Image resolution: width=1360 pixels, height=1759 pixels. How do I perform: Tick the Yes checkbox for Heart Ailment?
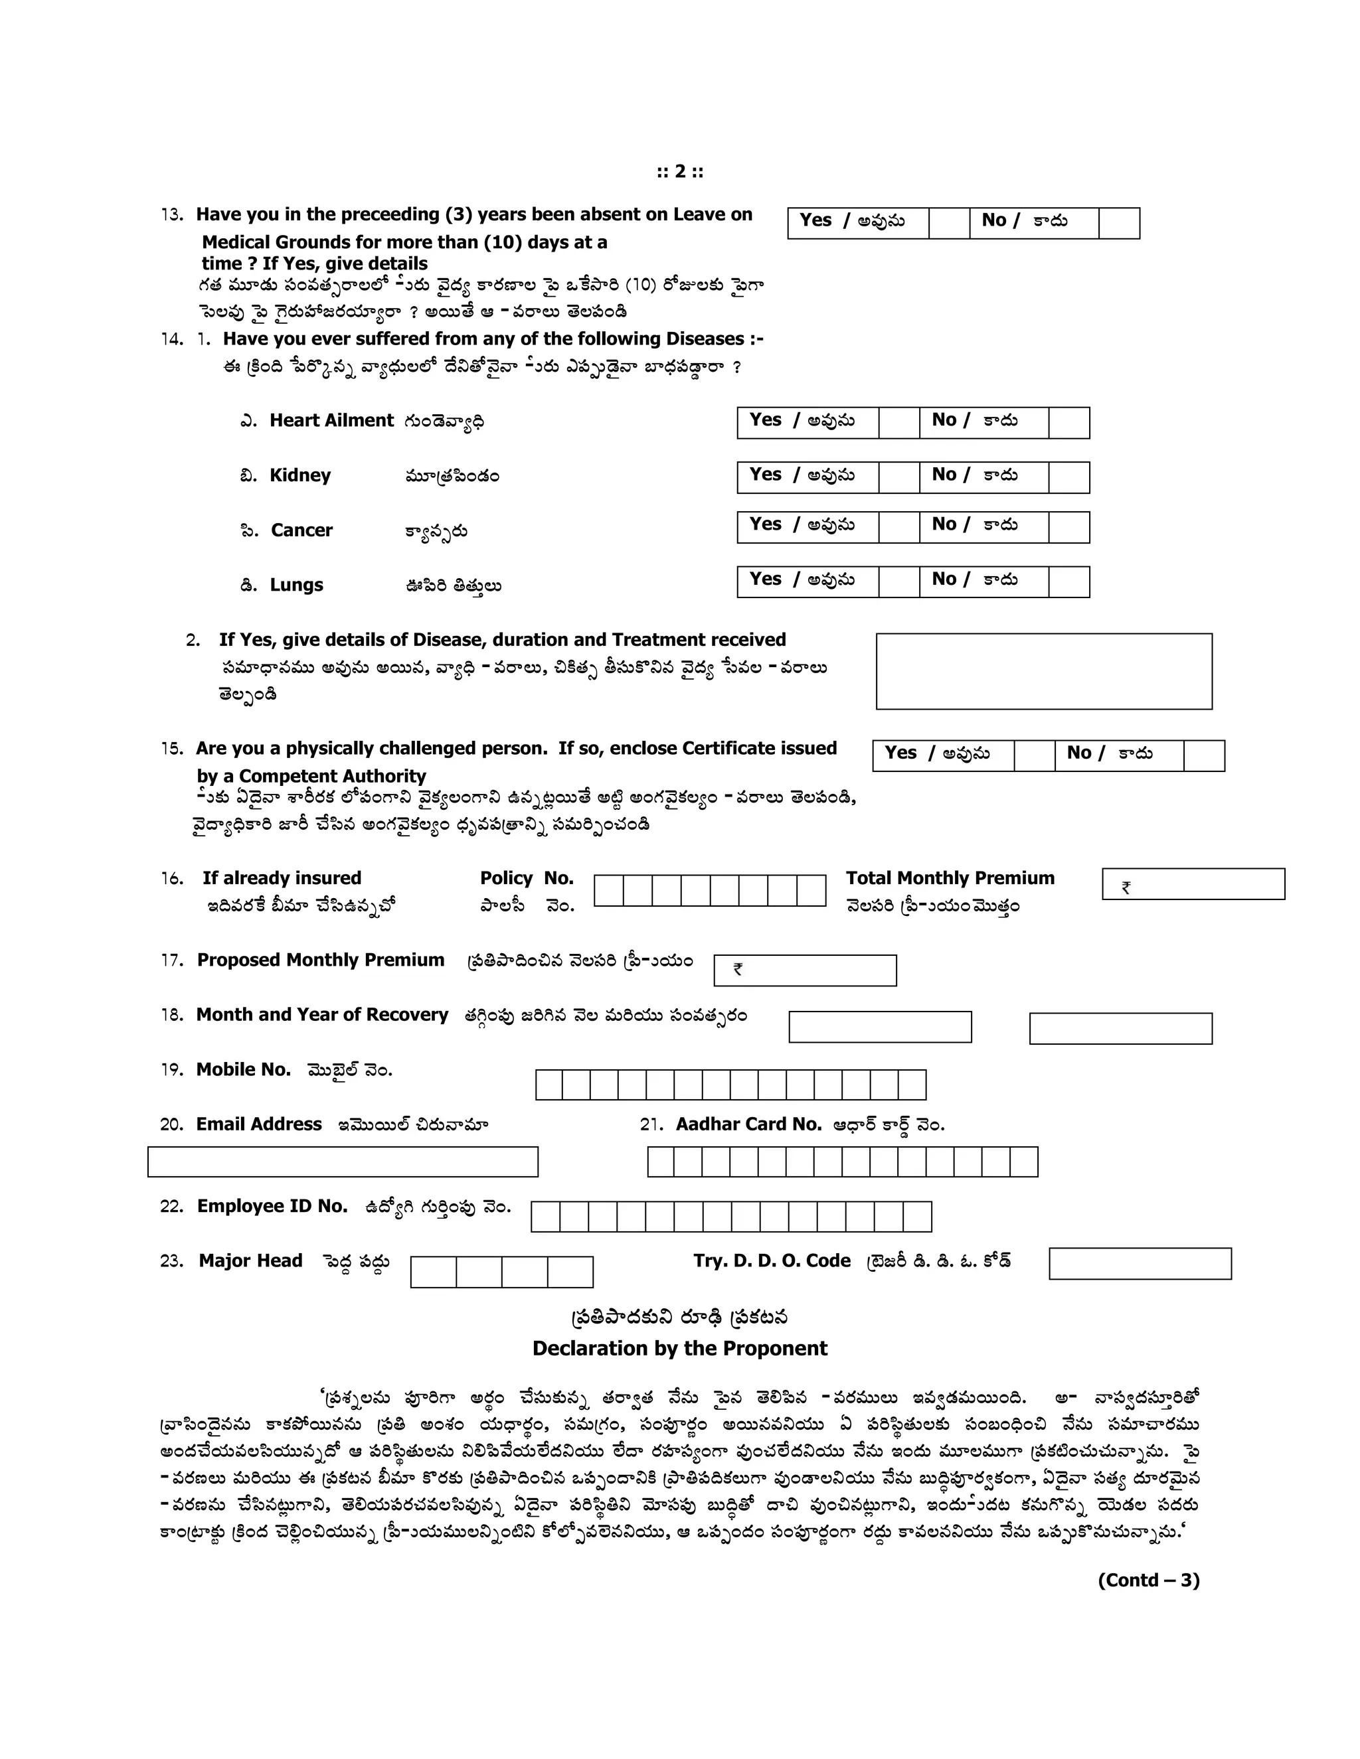pyautogui.click(x=898, y=423)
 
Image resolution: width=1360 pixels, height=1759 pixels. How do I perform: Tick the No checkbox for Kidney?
pyautogui.click(x=1068, y=478)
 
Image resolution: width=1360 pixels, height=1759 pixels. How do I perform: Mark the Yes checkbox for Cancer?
pyautogui.click(x=898, y=528)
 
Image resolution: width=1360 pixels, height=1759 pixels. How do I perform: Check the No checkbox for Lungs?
pyautogui.click(x=1068, y=581)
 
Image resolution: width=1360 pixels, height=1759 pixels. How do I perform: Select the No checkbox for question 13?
pyautogui.click(x=1118, y=223)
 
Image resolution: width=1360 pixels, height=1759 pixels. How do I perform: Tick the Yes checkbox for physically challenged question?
pyautogui.click(x=1034, y=755)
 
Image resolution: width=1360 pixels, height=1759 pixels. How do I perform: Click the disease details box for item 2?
pyautogui.click(x=1043, y=671)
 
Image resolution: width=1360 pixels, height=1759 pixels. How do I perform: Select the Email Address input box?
pyautogui.click(x=343, y=1162)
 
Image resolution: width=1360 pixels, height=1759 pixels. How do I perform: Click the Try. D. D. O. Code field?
pyautogui.click(x=1140, y=1263)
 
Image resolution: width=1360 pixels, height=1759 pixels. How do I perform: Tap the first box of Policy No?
pyautogui.click(x=608, y=891)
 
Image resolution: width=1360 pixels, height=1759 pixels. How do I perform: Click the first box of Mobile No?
pyautogui.click(x=549, y=1084)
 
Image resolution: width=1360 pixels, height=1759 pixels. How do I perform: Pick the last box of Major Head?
pyautogui.click(x=570, y=1272)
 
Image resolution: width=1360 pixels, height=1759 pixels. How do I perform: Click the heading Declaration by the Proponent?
pyautogui.click(x=679, y=1348)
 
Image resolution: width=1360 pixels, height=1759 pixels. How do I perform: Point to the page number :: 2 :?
pyautogui.click(x=679, y=171)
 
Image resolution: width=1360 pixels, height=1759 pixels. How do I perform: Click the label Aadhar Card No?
pyautogui.click(x=748, y=1124)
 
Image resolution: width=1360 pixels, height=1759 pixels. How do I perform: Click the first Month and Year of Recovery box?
pyautogui.click(x=879, y=1027)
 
